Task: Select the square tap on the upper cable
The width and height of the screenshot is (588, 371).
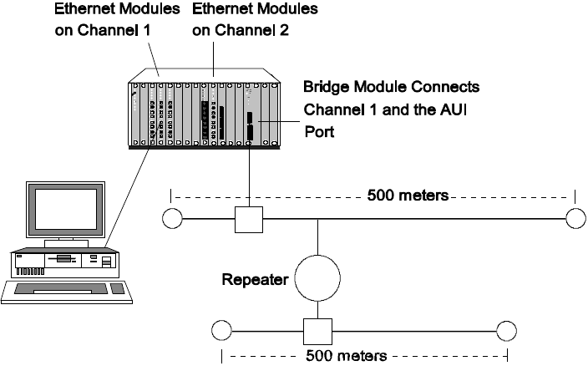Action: tap(250, 220)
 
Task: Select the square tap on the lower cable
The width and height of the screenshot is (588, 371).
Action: tap(317, 332)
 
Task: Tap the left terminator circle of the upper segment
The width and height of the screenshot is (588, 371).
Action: tap(171, 219)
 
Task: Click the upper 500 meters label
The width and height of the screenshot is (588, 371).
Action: tap(408, 196)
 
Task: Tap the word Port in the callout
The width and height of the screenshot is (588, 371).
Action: tap(317, 131)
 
